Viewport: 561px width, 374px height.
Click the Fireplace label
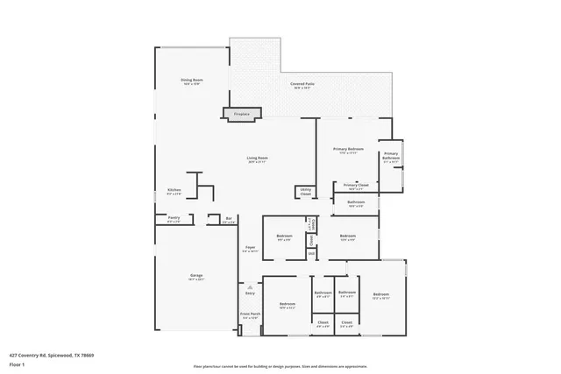[x=240, y=114]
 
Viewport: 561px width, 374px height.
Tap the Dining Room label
[x=192, y=81]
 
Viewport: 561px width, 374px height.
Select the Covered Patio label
[x=303, y=85]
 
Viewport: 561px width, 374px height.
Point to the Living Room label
[x=257, y=159]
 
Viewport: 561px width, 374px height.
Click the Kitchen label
[x=174, y=192]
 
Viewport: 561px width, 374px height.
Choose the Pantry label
[x=174, y=220]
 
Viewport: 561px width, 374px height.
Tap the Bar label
[x=229, y=220]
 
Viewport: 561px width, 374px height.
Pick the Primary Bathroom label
[x=391, y=159]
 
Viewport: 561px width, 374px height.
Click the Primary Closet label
[x=356, y=186]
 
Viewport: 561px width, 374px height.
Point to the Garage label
[x=196, y=277]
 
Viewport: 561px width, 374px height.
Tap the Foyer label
[x=250, y=249]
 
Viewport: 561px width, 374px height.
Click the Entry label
[x=250, y=293]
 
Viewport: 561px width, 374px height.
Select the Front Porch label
[x=250, y=314]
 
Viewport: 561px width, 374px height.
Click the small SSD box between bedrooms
[x=310, y=254]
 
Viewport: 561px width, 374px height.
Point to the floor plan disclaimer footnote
[x=280, y=365]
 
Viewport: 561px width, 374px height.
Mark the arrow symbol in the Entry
[x=250, y=286]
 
